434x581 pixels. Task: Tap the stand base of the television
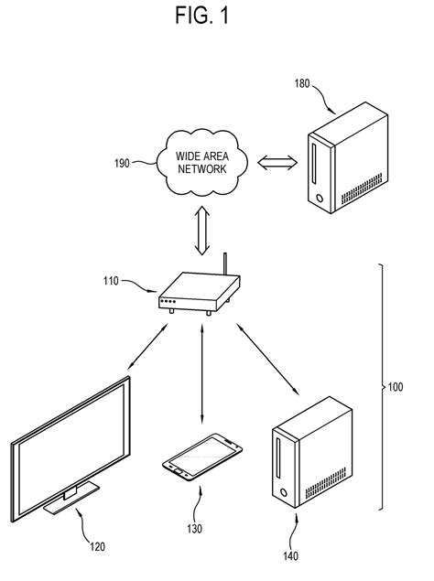(x=71, y=499)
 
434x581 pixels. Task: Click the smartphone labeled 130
(x=203, y=457)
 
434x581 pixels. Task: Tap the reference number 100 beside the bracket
(x=395, y=387)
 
